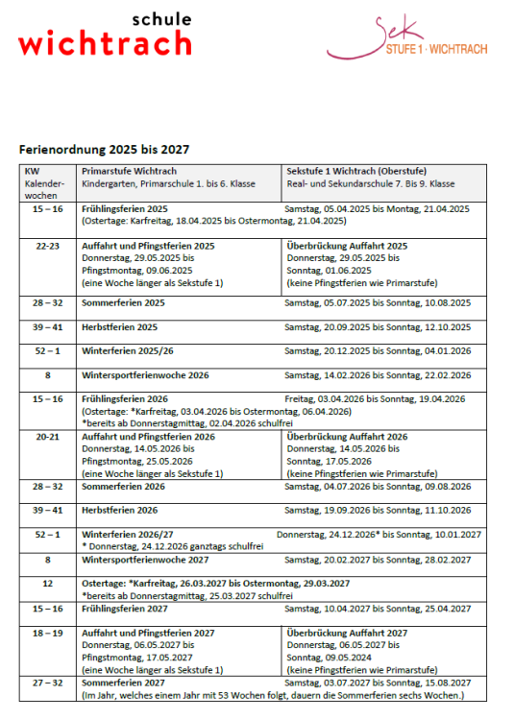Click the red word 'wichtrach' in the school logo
click(105, 42)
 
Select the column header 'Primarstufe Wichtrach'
click(129, 171)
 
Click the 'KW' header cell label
click(32, 171)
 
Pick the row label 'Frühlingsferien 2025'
click(125, 208)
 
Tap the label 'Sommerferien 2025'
click(123, 302)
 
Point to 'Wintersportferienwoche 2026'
click(145, 375)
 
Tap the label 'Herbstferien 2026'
click(120, 510)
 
